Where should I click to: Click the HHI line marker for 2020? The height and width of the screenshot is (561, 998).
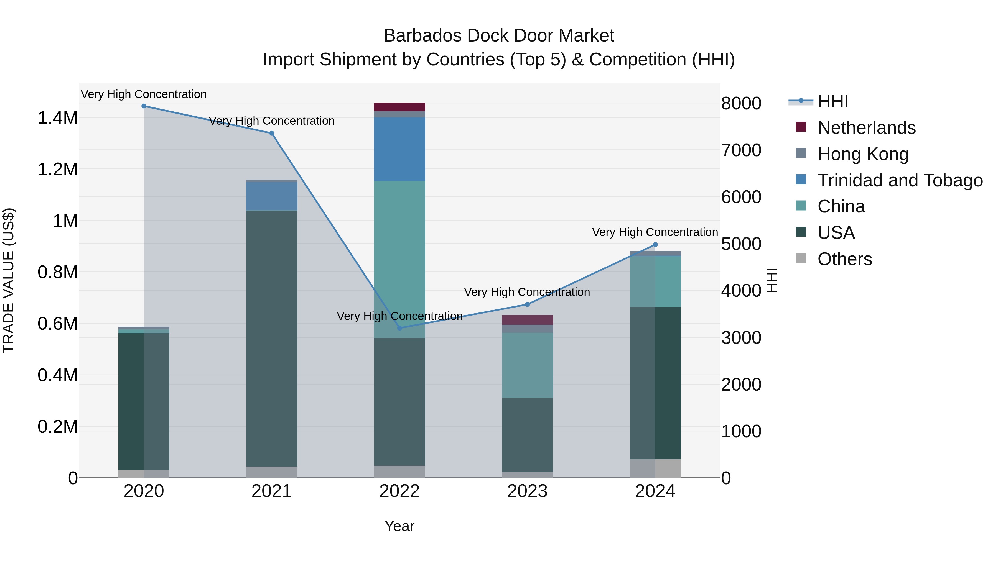pyautogui.click(x=144, y=106)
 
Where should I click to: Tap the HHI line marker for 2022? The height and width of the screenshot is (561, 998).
pyautogui.click(x=400, y=328)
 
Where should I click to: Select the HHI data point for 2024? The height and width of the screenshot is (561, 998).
pyautogui.click(x=655, y=245)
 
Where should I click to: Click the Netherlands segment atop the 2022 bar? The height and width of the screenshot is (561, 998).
pyautogui.click(x=399, y=107)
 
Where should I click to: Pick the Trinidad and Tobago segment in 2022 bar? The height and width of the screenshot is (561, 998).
pyautogui.click(x=399, y=149)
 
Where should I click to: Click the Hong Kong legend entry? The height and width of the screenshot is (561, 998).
pyautogui.click(x=862, y=154)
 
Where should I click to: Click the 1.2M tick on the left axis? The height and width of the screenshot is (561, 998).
pyautogui.click(x=57, y=170)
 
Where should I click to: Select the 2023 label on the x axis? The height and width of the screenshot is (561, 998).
pyautogui.click(x=527, y=491)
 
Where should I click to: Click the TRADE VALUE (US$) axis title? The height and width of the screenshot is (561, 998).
pyautogui.click(x=9, y=280)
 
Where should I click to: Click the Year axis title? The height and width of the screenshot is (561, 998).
pyautogui.click(x=399, y=526)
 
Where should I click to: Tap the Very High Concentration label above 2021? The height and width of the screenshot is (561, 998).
pyautogui.click(x=272, y=121)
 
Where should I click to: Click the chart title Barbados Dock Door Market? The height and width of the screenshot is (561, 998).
pyautogui.click(x=499, y=36)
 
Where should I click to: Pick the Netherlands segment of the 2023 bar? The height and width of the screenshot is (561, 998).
pyautogui.click(x=527, y=320)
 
